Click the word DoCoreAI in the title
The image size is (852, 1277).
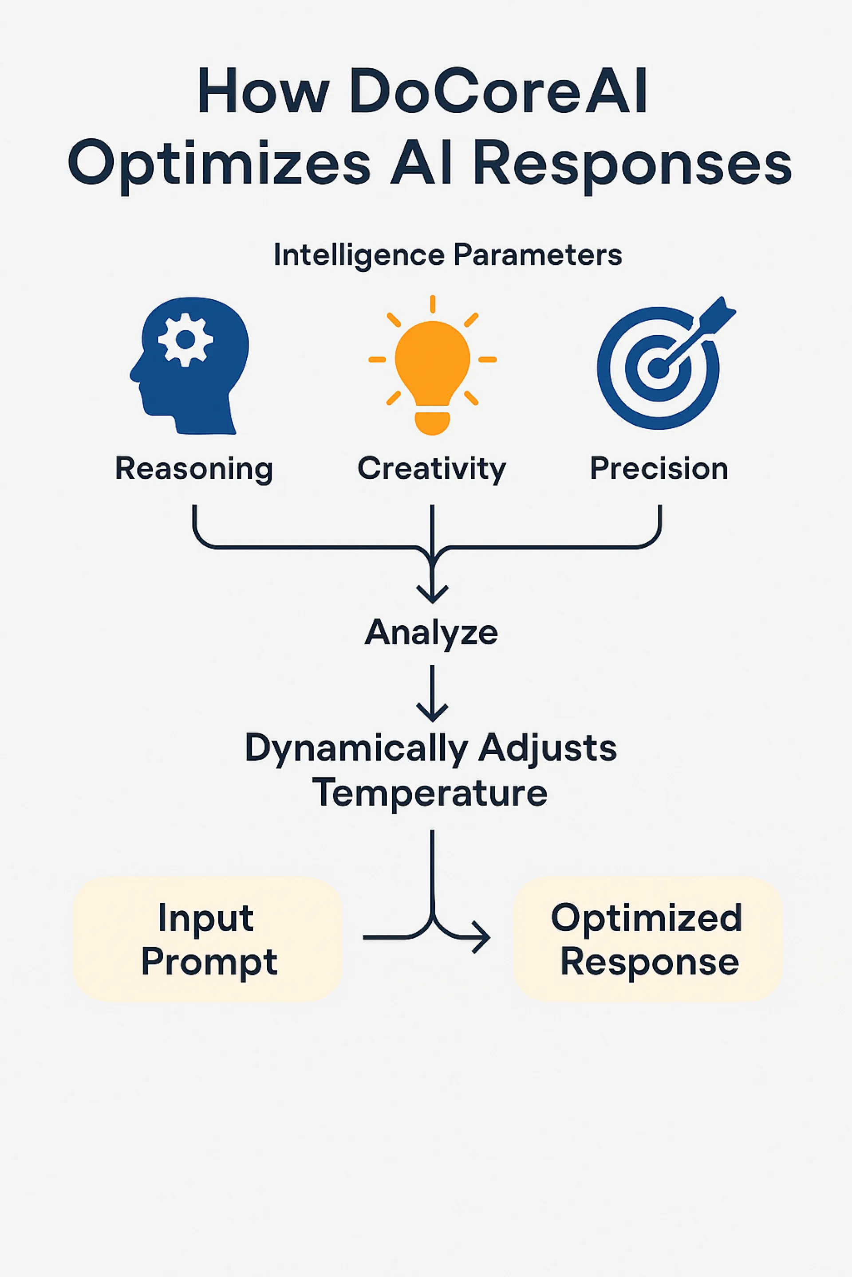pos(498,91)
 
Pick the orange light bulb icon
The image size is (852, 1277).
pos(433,365)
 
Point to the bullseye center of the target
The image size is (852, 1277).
pos(658,368)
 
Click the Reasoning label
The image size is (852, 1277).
pos(194,469)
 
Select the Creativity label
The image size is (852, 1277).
pos(432,469)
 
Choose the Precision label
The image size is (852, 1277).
pos(659,469)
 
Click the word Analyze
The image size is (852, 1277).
pos(431,633)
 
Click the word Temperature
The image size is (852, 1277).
pos(430,793)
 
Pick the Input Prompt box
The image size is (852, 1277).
pos(208,939)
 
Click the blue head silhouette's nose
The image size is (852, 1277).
pos(133,373)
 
